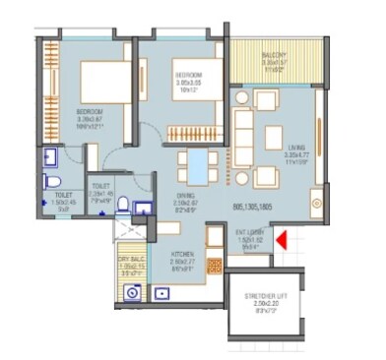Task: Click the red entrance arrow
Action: tap(281, 238)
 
